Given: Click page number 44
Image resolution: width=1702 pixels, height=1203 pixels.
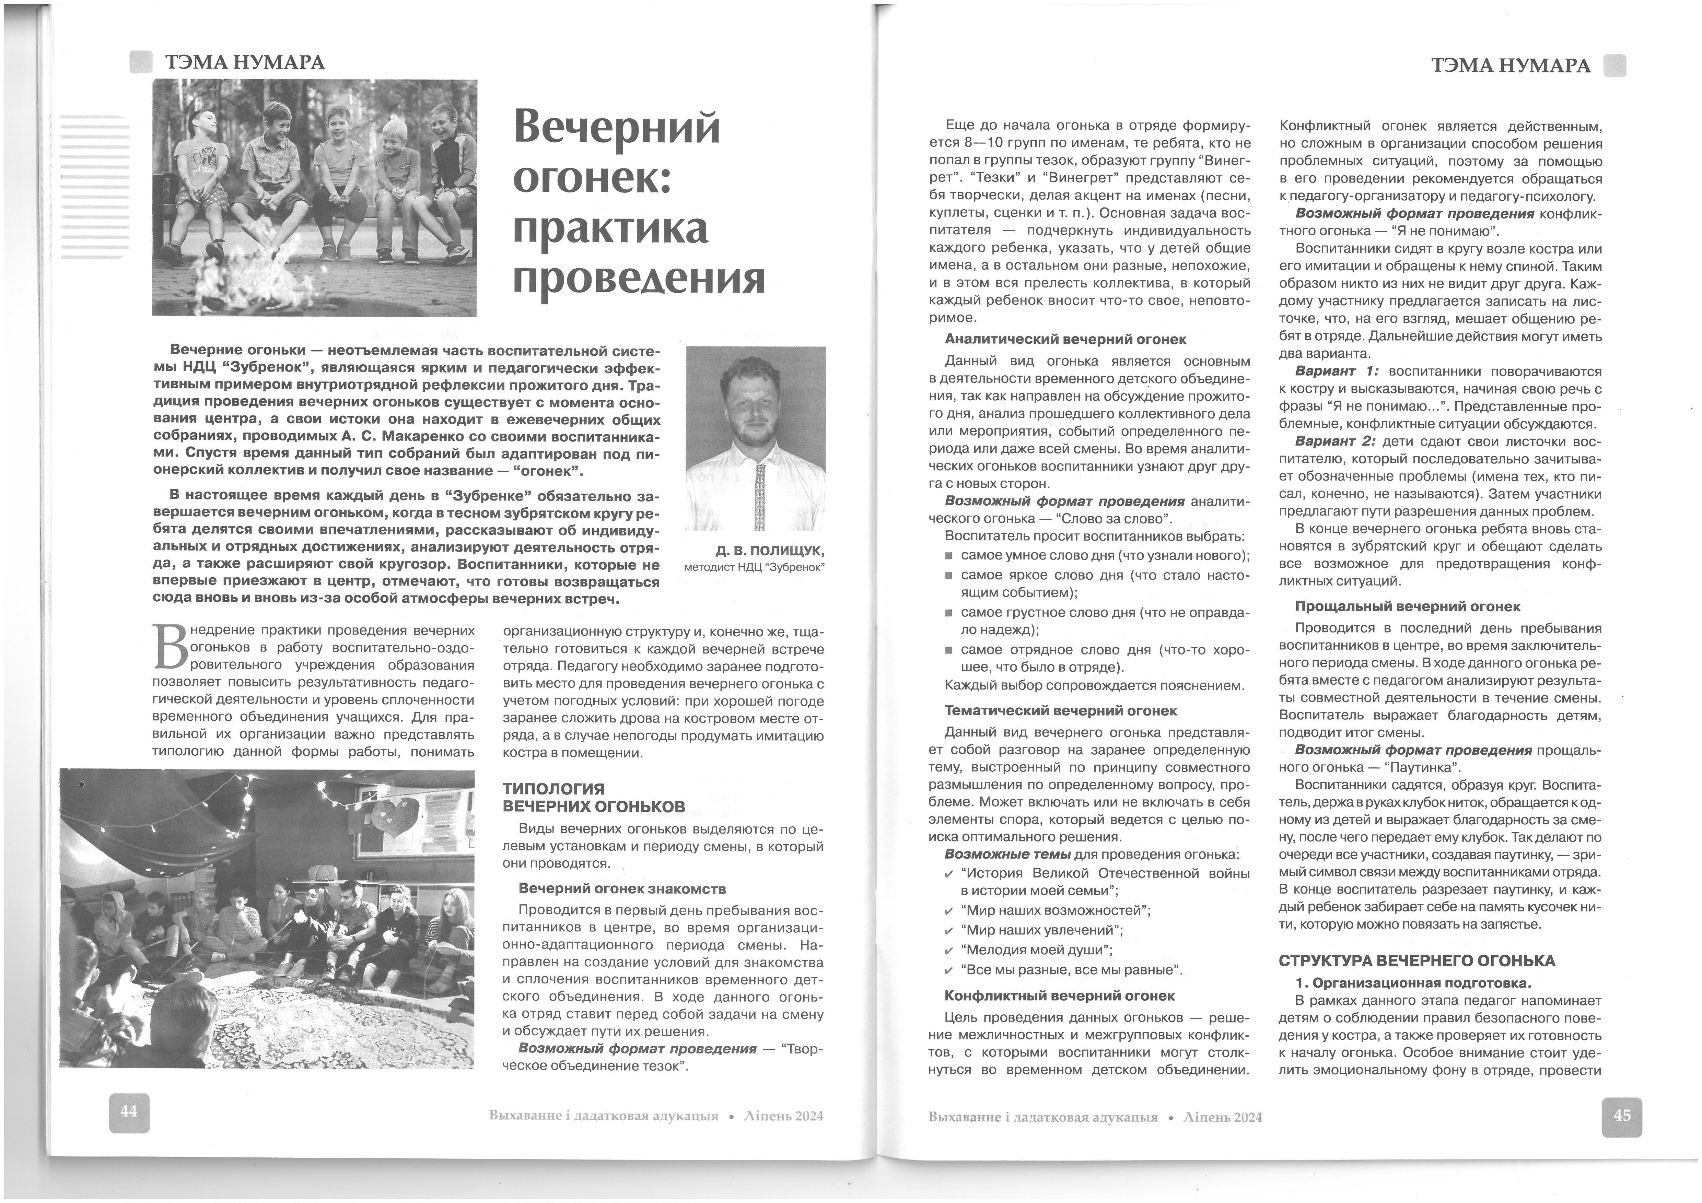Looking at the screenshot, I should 129,1112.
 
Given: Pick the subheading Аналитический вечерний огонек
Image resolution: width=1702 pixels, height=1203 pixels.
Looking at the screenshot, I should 1065,340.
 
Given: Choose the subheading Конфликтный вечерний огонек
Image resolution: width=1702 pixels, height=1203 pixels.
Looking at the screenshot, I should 1059,995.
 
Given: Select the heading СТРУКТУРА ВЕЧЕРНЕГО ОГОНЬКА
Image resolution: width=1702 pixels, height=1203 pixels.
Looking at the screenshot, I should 1417,960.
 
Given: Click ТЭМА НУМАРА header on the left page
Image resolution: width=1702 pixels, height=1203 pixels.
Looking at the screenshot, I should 245,62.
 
